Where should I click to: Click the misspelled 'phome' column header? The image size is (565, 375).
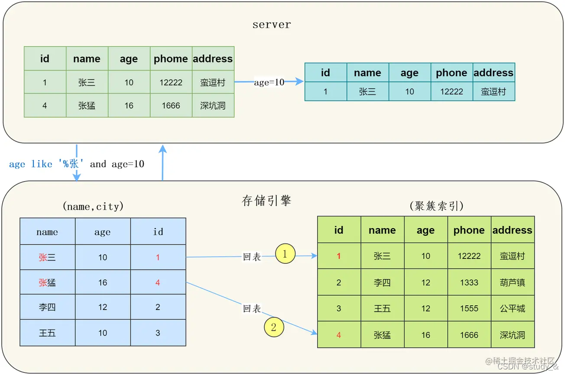pyautogui.click(x=171, y=59)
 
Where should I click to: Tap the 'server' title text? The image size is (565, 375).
pyautogui.click(x=272, y=25)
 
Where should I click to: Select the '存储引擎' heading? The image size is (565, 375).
pyautogui.click(x=266, y=201)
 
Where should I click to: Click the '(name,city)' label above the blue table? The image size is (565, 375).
pyautogui.click(x=93, y=207)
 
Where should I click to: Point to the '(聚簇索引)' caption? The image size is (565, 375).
pyautogui.click(x=436, y=206)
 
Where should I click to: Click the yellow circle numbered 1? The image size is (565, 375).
pyautogui.click(x=285, y=254)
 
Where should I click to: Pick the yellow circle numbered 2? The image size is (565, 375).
pyautogui.click(x=274, y=327)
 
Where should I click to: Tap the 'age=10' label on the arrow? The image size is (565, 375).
pyautogui.click(x=269, y=82)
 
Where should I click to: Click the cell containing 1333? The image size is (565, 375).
pyautogui.click(x=469, y=282)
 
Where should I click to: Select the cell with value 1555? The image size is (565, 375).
pyautogui.click(x=469, y=308)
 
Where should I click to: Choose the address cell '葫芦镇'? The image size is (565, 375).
pyautogui.click(x=512, y=282)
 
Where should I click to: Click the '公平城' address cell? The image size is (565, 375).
pyautogui.click(x=512, y=308)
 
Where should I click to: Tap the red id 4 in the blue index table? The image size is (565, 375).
pyautogui.click(x=158, y=282)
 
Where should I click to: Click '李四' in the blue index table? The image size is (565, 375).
pyautogui.click(x=47, y=307)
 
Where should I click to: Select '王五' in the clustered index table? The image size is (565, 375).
pyautogui.click(x=382, y=308)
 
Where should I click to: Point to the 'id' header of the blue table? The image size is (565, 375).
pyautogui.click(x=158, y=232)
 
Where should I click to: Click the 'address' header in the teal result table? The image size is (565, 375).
pyautogui.click(x=494, y=73)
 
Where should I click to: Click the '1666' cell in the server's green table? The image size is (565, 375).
pyautogui.click(x=171, y=106)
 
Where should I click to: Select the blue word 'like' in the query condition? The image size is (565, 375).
pyautogui.click(x=42, y=164)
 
